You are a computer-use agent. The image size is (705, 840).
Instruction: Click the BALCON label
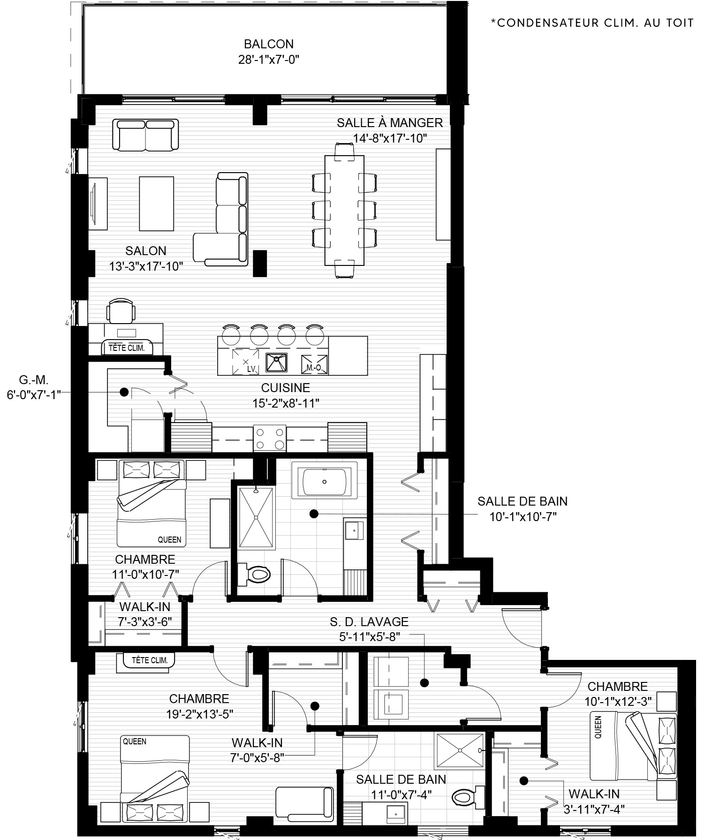[269, 44]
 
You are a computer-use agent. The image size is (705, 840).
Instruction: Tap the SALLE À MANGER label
[390, 123]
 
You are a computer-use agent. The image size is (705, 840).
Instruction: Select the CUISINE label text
[286, 388]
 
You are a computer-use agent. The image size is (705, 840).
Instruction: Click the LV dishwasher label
[251, 369]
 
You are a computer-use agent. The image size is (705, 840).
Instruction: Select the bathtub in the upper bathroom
[325, 481]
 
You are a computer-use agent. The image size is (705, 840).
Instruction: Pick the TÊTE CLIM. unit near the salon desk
[127, 348]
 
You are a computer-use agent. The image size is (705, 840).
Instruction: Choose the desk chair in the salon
[121, 310]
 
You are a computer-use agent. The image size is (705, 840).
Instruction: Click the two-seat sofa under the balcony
[146, 135]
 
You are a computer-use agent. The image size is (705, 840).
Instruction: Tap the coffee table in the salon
[156, 203]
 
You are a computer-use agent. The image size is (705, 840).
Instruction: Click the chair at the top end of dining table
[345, 150]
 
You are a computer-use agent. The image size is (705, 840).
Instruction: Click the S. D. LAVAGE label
[369, 621]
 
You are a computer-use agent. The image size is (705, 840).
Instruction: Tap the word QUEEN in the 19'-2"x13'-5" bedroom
[135, 742]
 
